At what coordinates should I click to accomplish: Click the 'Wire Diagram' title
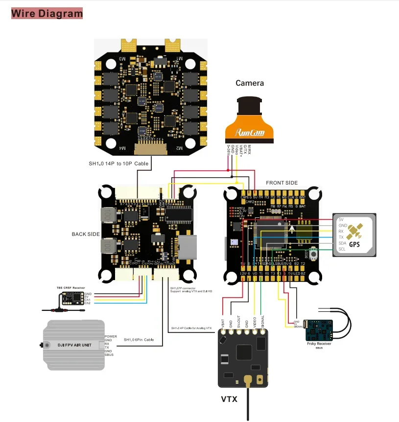(47, 13)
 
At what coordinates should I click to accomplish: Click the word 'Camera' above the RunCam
(250, 83)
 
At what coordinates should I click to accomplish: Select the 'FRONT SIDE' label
(282, 183)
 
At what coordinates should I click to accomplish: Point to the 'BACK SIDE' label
(86, 234)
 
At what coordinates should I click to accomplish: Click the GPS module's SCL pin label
(342, 249)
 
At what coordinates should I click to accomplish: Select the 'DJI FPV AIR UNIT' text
(73, 345)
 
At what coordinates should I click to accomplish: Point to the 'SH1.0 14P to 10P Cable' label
(118, 164)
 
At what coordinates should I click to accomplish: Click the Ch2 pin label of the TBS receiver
(87, 304)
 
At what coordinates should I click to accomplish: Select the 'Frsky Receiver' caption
(319, 344)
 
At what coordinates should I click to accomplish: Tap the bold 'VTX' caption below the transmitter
(229, 399)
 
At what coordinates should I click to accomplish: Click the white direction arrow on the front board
(292, 228)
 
